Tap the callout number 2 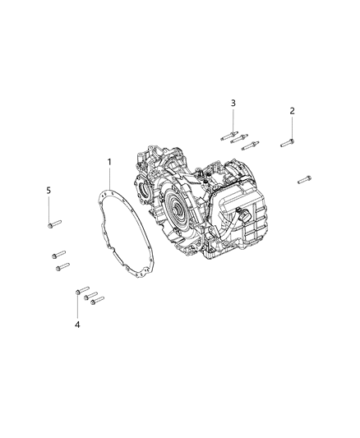[291, 111]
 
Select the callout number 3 [233, 103]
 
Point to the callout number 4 [77, 325]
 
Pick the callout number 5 [48, 191]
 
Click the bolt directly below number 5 [53, 224]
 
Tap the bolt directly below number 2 [287, 143]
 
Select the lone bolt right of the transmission [304, 178]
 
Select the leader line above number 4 [77, 307]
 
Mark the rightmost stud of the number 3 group [252, 145]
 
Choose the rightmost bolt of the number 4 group [98, 301]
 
